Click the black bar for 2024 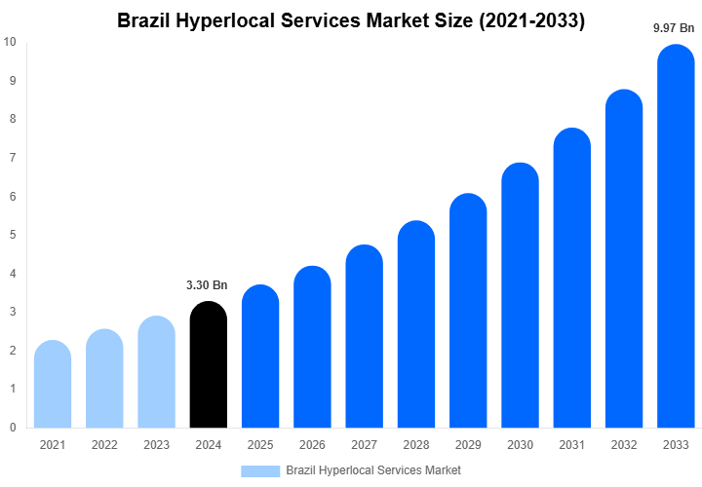coord(208,365)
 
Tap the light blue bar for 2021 coord(52,385)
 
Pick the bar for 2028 coord(415,326)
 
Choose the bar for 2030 coord(520,297)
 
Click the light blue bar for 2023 coord(156,373)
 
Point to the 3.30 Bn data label coord(207,285)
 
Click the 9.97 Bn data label coord(674,29)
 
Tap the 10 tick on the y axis coord(10,42)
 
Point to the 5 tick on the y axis coord(12,235)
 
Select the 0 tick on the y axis coord(12,428)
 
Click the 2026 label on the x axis coord(312,445)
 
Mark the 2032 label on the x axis coord(624,445)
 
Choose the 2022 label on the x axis coord(104,445)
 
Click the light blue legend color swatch coord(259,470)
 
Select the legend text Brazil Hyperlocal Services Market coord(373,470)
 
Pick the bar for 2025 coord(259,357)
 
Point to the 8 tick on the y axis coord(12,119)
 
